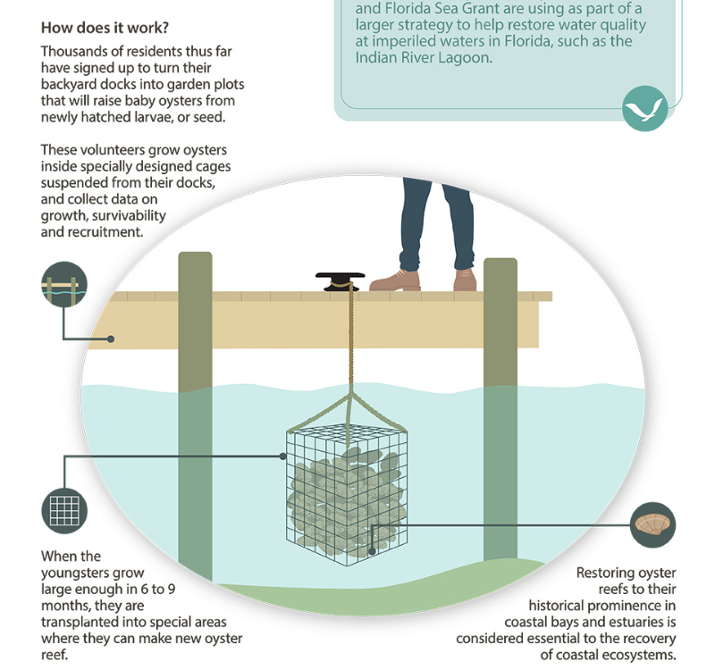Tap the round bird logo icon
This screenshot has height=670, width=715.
644,109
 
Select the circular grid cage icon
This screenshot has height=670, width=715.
64,511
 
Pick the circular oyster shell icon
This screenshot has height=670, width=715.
653,524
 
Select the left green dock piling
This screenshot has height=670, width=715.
195,411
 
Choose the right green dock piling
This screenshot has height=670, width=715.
500,402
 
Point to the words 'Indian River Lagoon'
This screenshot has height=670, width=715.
424,58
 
